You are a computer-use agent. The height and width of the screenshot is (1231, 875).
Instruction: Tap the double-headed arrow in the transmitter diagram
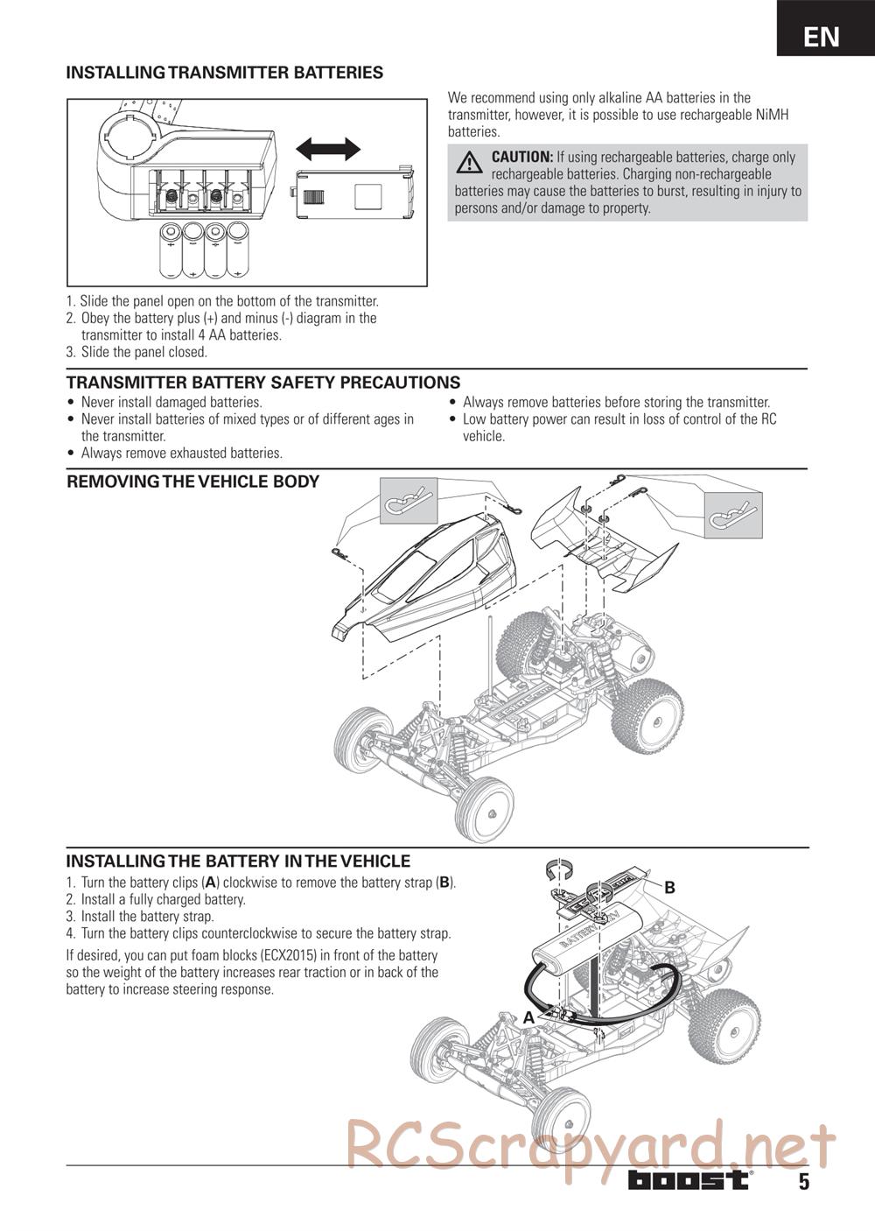pyautogui.click(x=328, y=149)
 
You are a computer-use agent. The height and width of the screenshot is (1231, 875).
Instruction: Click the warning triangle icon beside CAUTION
pyautogui.click(x=470, y=162)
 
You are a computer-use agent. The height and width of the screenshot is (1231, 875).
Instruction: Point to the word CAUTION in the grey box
pyautogui.click(x=521, y=158)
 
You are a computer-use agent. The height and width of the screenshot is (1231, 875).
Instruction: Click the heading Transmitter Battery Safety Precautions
pyautogui.click(x=263, y=383)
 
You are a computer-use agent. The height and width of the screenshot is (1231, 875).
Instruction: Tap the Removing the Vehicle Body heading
pyautogui.click(x=192, y=482)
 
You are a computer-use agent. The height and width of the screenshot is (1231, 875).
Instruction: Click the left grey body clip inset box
pyautogui.click(x=409, y=501)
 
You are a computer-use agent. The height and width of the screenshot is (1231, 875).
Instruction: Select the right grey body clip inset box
pyautogui.click(x=733, y=515)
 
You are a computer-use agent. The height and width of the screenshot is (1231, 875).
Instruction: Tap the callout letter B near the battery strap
pyautogui.click(x=669, y=888)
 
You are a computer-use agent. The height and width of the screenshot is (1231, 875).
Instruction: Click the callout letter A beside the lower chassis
pyautogui.click(x=528, y=1018)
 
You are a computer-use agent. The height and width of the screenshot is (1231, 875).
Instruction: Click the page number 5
pyautogui.click(x=803, y=1181)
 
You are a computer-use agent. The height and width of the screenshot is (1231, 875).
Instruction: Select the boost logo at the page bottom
pyautogui.click(x=689, y=1179)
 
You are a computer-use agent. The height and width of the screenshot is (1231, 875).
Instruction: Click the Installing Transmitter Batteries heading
pyautogui.click(x=225, y=73)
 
